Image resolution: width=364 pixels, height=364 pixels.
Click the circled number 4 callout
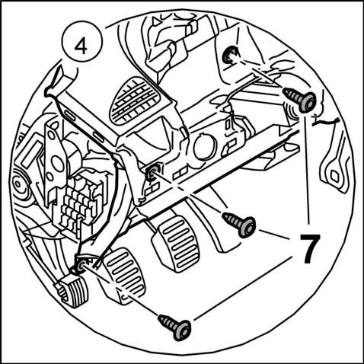tap(82, 42)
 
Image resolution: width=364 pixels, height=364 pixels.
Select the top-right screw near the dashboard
tap(300, 100)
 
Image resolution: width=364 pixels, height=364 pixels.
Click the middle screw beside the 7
tap(238, 223)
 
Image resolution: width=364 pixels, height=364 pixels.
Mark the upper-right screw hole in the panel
tap(229, 55)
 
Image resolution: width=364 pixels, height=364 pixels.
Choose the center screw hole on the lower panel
tap(153, 173)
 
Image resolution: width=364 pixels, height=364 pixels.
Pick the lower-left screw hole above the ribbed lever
tap(82, 266)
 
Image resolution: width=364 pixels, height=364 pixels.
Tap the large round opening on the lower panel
tap(205, 147)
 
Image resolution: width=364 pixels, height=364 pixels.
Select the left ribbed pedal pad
tap(125, 273)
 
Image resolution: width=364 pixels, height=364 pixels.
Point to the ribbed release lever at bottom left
tap(72, 292)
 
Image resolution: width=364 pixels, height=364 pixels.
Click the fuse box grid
tap(78, 203)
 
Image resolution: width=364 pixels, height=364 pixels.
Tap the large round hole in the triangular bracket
tap(57, 162)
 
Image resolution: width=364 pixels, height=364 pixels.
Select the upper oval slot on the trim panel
tap(70, 116)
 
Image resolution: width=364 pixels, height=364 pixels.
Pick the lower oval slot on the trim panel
tap(98, 136)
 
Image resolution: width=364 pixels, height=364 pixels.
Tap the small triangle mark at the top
tap(155, 21)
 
